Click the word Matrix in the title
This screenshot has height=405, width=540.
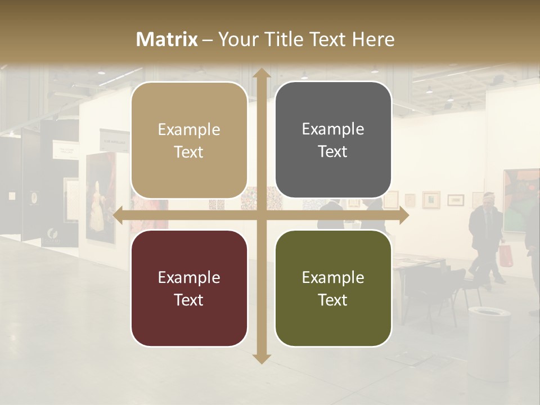pos(167,39)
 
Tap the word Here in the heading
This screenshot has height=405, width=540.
pos(373,39)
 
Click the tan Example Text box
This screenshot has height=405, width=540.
pos(189,141)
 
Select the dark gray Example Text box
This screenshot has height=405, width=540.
pos(333,140)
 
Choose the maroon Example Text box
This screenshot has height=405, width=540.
pos(189,289)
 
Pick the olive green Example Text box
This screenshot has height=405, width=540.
pos(333,289)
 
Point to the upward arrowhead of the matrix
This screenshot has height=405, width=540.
pos(261,73)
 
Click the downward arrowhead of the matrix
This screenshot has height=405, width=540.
pos(261,358)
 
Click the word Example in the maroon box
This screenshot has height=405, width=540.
pos(189,277)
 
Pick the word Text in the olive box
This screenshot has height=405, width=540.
pos(333,300)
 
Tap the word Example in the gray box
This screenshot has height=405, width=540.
pos(333,129)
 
